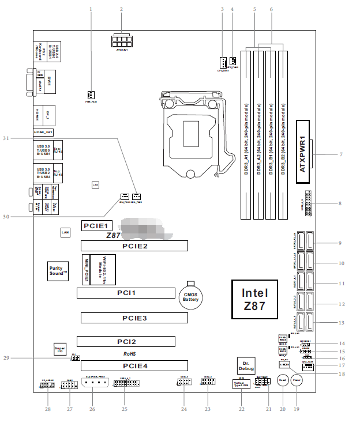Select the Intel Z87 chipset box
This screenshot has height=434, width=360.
(x=255, y=300)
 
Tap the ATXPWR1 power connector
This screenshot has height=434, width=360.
(x=303, y=152)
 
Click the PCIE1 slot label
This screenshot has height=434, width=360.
(x=96, y=226)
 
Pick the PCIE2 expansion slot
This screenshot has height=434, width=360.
(x=134, y=246)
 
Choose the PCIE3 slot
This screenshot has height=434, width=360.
(x=134, y=318)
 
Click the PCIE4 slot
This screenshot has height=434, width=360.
(x=134, y=365)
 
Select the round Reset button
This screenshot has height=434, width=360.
(x=283, y=381)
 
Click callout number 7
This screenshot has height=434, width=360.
(x=341, y=155)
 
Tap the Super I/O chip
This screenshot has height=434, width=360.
(x=59, y=350)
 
